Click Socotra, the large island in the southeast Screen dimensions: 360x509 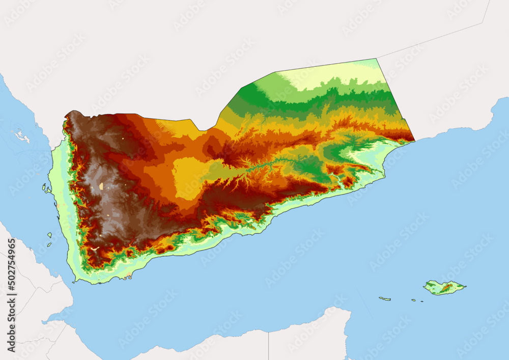444,288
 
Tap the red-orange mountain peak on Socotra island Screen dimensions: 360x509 447,288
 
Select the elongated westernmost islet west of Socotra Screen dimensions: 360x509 384,298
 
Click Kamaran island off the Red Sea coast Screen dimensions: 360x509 44,187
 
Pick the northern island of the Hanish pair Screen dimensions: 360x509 50,235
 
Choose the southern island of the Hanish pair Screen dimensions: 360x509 49,244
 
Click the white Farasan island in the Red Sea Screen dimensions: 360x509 20,136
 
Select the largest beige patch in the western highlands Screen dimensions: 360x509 101,186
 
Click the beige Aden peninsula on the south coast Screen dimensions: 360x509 127,277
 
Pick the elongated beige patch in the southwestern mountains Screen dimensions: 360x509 96,248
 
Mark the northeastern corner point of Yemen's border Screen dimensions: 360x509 377,59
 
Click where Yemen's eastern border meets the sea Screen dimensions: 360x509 415,140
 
